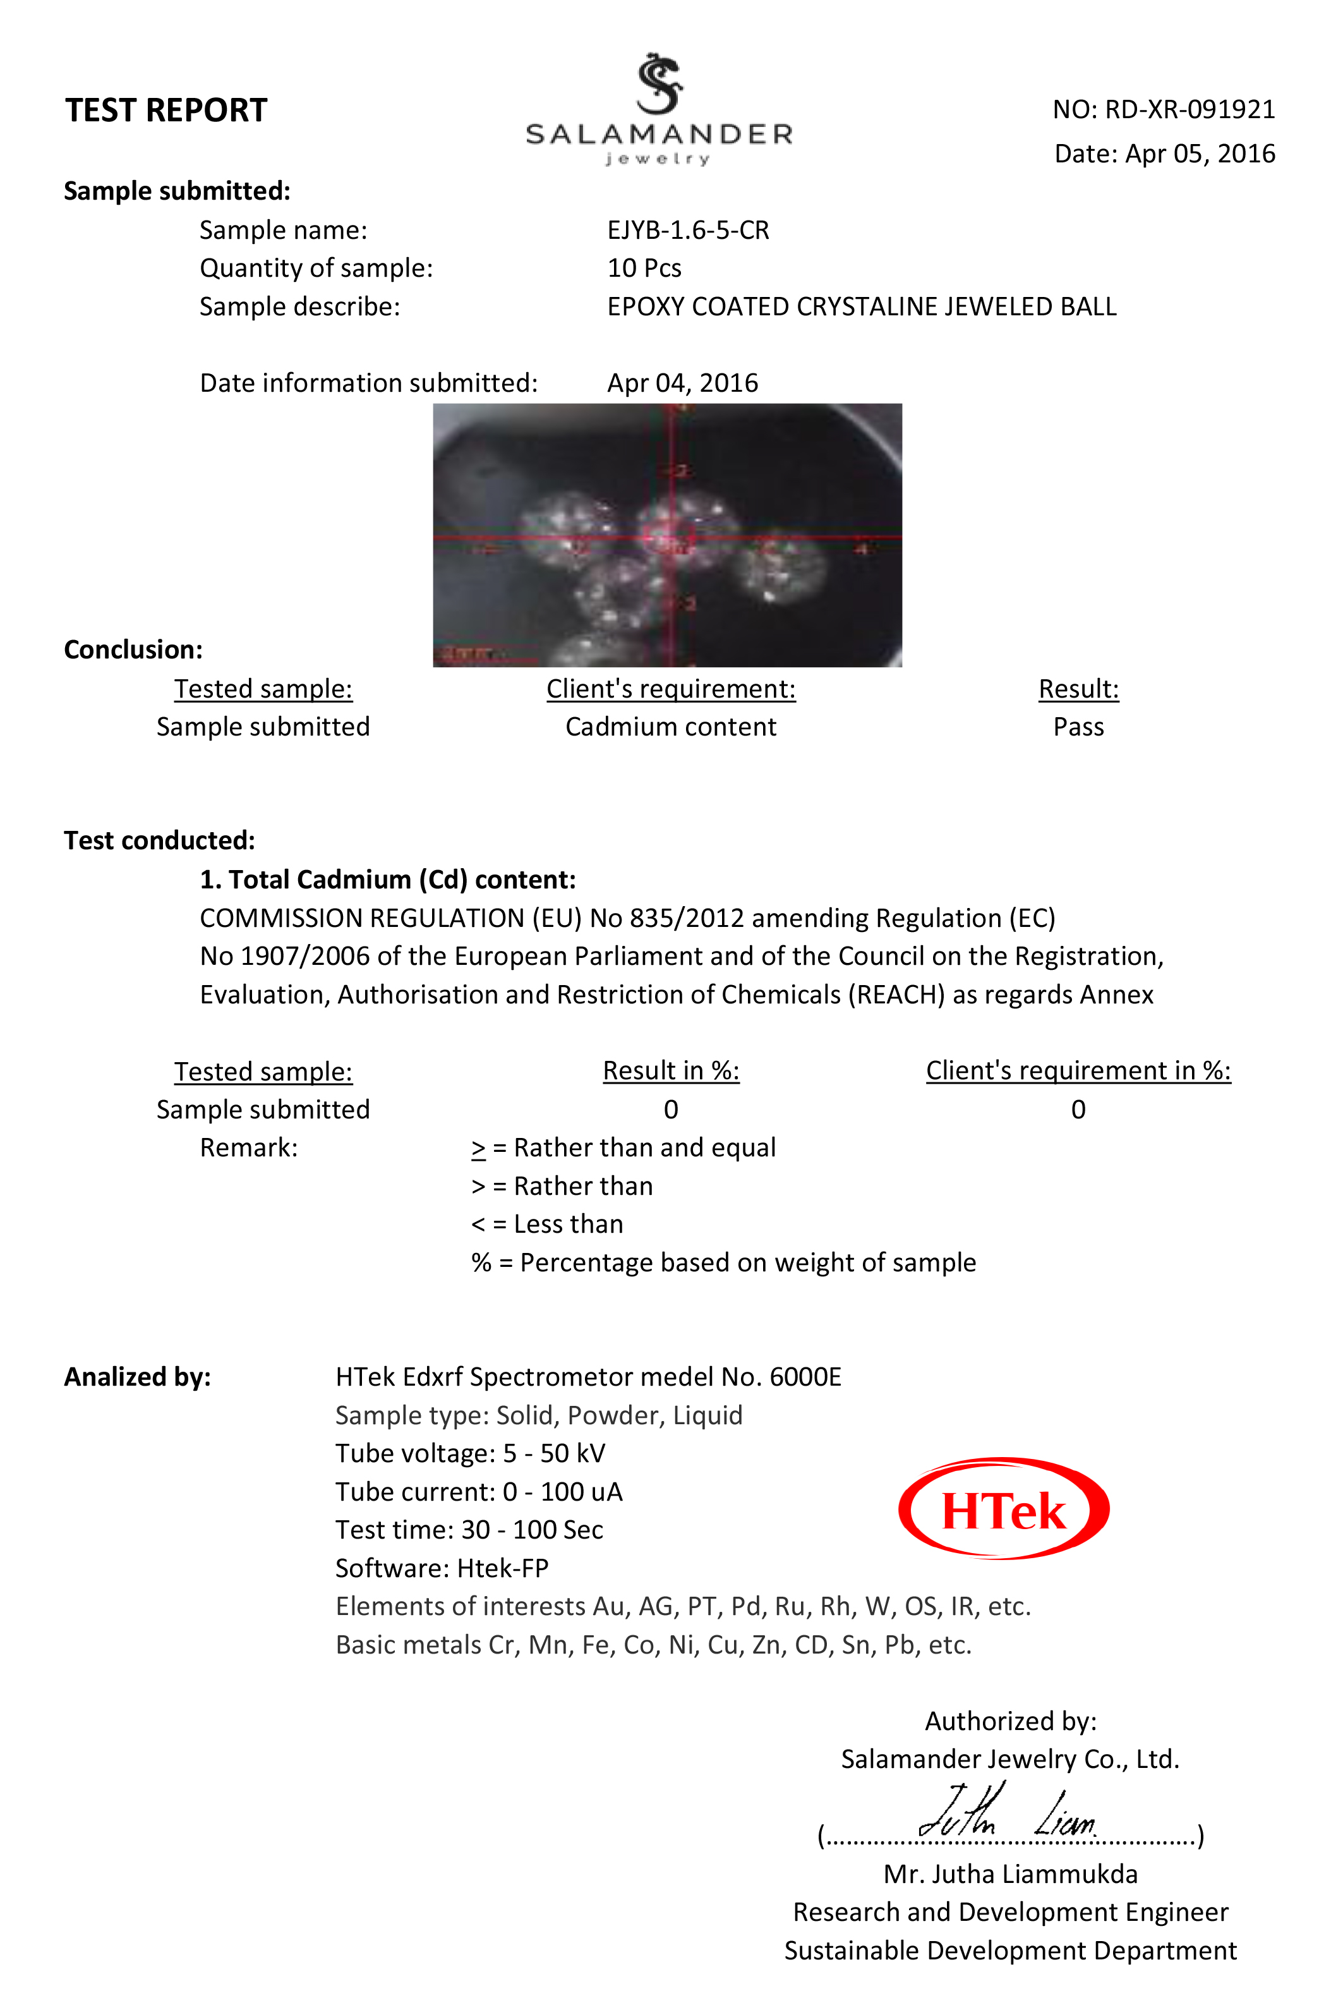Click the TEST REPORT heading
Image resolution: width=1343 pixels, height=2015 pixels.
pos(166,111)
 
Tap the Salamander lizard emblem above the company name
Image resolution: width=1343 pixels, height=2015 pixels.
pos(659,84)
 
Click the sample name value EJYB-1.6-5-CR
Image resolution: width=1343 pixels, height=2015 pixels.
pos(688,231)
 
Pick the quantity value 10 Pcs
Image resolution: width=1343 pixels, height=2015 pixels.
pos(644,268)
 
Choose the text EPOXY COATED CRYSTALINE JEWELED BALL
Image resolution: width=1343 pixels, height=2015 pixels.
pos(862,306)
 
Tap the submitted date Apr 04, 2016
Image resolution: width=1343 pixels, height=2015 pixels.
pos(683,383)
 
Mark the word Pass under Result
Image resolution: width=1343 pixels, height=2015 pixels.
pos(1078,727)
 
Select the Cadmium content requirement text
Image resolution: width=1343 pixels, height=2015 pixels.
pos(671,727)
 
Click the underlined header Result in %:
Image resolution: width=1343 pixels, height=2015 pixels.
pos(671,1071)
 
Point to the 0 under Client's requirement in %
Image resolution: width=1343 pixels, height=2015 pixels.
pos(1078,1110)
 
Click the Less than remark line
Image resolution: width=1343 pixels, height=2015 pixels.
pos(547,1225)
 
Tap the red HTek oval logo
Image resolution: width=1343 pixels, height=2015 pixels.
pos(1004,1510)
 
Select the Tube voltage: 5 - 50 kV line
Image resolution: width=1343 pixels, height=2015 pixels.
pos(470,1454)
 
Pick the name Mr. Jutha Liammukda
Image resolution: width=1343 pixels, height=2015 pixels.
pos(1011,1875)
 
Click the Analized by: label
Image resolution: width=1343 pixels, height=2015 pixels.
pos(138,1377)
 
